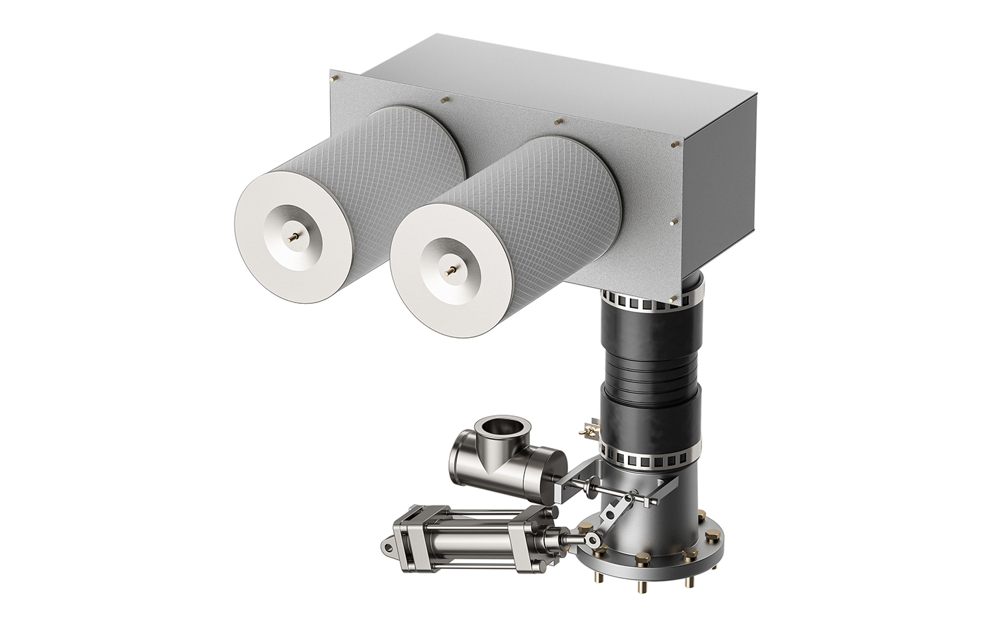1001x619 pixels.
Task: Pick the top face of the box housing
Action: [x=534, y=87]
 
